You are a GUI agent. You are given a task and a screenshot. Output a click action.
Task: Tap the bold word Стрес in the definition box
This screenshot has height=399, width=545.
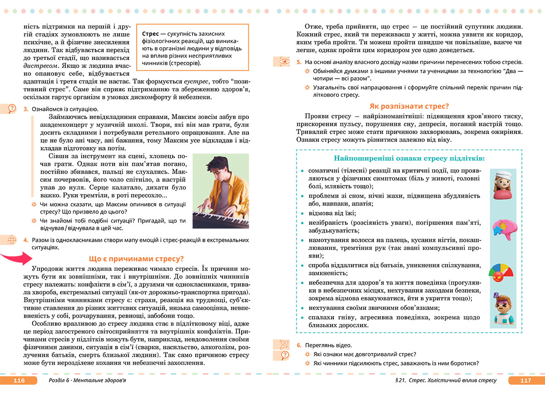150,34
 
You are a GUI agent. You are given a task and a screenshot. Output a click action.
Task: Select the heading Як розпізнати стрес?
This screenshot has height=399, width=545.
409,106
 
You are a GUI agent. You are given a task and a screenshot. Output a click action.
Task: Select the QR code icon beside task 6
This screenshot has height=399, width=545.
284,344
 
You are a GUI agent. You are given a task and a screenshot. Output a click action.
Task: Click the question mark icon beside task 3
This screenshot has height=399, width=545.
11,109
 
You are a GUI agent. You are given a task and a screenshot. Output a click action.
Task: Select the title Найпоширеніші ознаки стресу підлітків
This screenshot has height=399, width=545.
409,159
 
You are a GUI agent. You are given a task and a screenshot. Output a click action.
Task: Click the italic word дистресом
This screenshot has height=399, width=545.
39,65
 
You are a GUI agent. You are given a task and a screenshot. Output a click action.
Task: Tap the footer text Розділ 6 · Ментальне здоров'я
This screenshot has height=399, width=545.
87,381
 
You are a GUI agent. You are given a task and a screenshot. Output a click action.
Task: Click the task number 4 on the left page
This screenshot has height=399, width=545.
26,239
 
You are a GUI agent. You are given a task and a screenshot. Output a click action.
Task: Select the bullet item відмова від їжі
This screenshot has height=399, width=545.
332,213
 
